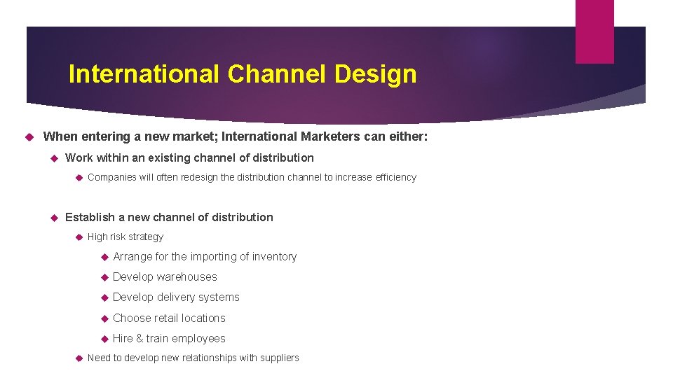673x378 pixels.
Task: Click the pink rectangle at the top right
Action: tap(594, 31)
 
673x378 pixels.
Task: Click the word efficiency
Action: tap(395, 177)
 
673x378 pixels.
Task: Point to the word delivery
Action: tap(176, 297)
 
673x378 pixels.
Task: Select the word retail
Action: tap(166, 318)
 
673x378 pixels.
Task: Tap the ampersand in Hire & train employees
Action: tap(140, 338)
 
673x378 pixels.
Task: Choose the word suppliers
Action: tap(280, 358)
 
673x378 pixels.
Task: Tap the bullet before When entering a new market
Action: tap(30, 136)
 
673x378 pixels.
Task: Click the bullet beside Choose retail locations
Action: tap(104, 318)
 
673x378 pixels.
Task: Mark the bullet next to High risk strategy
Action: tap(79, 237)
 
